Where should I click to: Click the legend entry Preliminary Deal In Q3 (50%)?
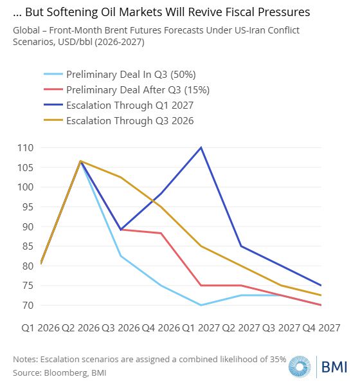point(120,75)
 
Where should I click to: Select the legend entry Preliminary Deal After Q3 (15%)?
point(127,90)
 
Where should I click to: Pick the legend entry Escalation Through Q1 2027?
point(118,105)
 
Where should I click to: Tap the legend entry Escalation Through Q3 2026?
point(118,121)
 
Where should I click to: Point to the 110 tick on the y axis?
point(25,148)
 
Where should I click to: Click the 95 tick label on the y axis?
point(27,207)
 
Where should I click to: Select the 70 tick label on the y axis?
point(27,305)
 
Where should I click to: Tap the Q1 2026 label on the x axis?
point(40,328)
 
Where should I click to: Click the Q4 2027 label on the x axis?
point(321,328)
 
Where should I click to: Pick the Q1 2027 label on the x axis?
point(201,328)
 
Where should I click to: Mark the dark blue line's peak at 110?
point(201,148)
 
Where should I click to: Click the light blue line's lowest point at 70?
point(201,305)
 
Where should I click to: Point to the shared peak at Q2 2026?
point(80,161)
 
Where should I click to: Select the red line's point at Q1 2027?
point(201,285)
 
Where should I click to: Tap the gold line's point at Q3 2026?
point(121,178)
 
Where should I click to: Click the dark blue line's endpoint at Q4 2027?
point(321,285)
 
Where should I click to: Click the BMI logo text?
point(334,367)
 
